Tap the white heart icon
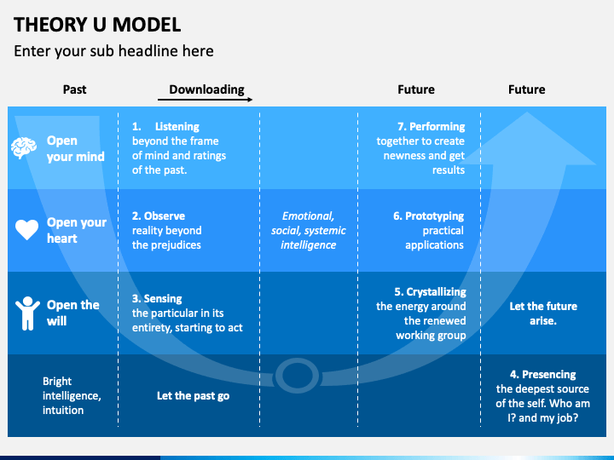point(27,230)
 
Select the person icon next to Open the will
point(27,313)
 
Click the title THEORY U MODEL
point(97,24)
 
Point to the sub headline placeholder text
point(113,51)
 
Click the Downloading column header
point(206,89)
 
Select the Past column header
point(75,89)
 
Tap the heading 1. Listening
point(165,127)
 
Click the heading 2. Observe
point(159,216)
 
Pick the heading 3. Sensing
point(157,299)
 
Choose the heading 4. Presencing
point(542,374)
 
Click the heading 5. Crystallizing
point(430,291)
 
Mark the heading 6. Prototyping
point(428,216)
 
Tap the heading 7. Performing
point(431,127)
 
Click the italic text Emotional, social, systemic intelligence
point(309,231)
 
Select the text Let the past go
point(193,396)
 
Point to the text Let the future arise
point(543,313)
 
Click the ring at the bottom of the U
point(298,374)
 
